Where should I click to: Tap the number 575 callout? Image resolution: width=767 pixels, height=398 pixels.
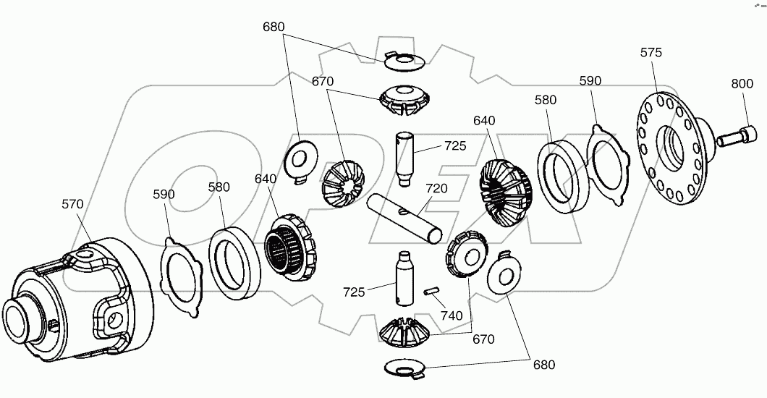pos(651,53)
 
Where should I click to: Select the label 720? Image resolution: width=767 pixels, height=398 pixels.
pos(436,188)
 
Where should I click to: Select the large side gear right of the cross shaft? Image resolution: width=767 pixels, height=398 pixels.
pos(504,190)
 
